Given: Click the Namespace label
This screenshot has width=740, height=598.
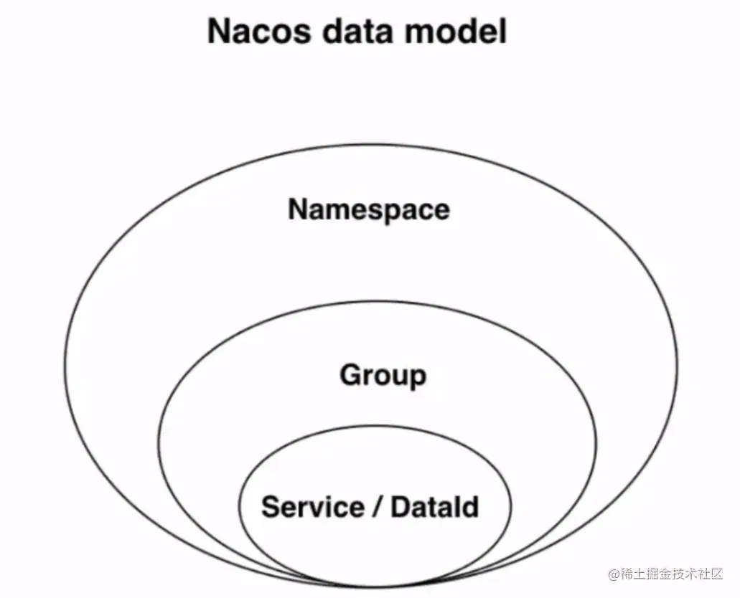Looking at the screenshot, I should click(x=369, y=209).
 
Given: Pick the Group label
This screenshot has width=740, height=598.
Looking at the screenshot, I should click(x=383, y=376).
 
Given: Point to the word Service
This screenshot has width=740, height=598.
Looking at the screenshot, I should click(x=312, y=507).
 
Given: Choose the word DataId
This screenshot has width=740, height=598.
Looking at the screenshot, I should click(x=435, y=507).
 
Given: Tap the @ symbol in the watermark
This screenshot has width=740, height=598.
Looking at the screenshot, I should click(x=614, y=574).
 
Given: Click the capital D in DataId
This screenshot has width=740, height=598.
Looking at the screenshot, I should click(x=400, y=507).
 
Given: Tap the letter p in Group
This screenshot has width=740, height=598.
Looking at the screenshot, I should click(x=417, y=379).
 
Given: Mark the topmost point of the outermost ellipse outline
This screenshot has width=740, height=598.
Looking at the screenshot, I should click(x=370, y=146).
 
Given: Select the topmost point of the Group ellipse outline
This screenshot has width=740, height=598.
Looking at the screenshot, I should click(x=378, y=301).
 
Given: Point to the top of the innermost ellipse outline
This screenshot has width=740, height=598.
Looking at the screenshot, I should click(x=375, y=425).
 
